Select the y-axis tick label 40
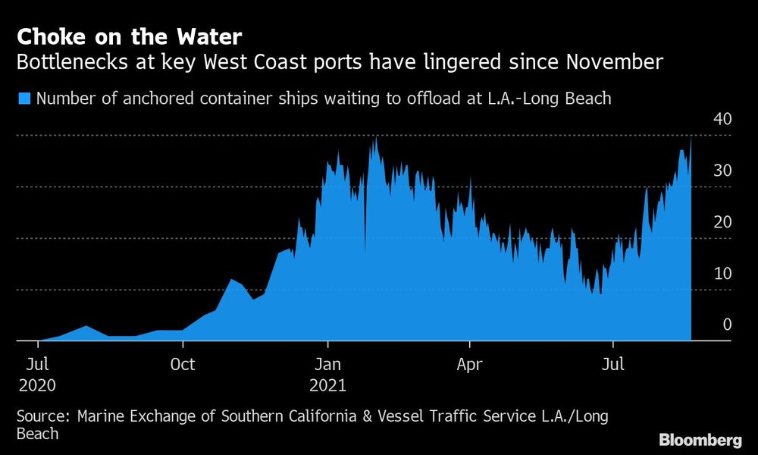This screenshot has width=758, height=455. pyautogui.click(x=722, y=119)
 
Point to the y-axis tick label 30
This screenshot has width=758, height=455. pyautogui.click(x=722, y=171)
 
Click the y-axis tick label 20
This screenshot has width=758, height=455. pyautogui.click(x=722, y=222)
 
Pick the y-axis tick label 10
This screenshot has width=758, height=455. pyautogui.click(x=722, y=274)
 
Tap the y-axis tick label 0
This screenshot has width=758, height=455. pyautogui.click(x=726, y=325)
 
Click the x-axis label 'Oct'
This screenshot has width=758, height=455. pyautogui.click(x=183, y=365)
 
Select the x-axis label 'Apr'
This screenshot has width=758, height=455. pyautogui.click(x=469, y=365)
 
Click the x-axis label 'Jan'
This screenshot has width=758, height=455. pyautogui.click(x=327, y=365)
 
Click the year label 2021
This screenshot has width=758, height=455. pyautogui.click(x=327, y=385)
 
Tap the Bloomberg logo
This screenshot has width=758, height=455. pyautogui.click(x=700, y=440)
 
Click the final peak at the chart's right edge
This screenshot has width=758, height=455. pyautogui.click(x=691, y=139)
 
